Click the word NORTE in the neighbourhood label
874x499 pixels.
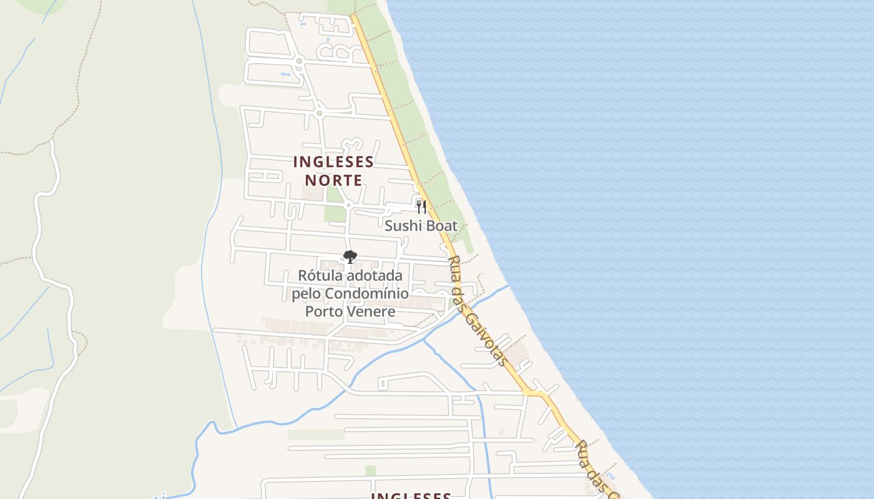tap(333, 180)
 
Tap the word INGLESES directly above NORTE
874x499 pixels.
tap(333, 162)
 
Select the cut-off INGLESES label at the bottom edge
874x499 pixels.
tap(411, 496)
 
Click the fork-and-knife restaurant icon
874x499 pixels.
tap(421, 206)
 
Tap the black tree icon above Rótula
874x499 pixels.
tap(350, 256)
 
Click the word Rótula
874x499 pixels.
tap(319, 276)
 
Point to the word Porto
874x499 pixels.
tap(323, 311)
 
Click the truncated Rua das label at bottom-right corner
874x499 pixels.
tap(596, 471)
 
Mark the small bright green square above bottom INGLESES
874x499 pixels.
tap(370, 470)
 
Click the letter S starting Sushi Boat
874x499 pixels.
tap(388, 226)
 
